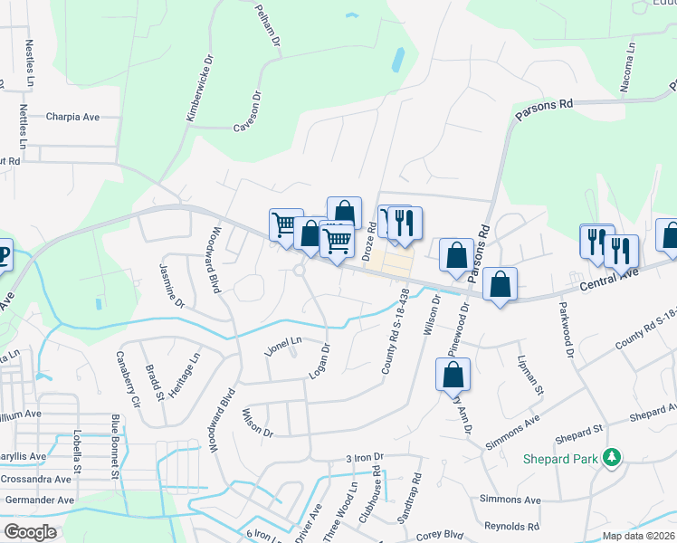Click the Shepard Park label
[560, 458]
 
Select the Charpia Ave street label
[72, 117]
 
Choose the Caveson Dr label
[247, 110]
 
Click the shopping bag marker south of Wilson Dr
[453, 374]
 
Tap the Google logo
[30, 532]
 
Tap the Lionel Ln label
[283, 345]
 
